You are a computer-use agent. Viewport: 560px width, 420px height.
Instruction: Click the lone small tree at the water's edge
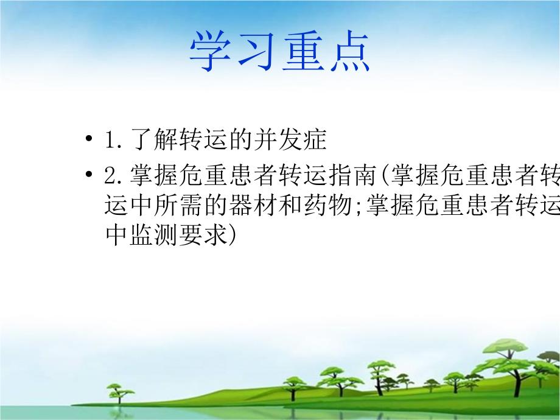pyautogui.click(x=115, y=391)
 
